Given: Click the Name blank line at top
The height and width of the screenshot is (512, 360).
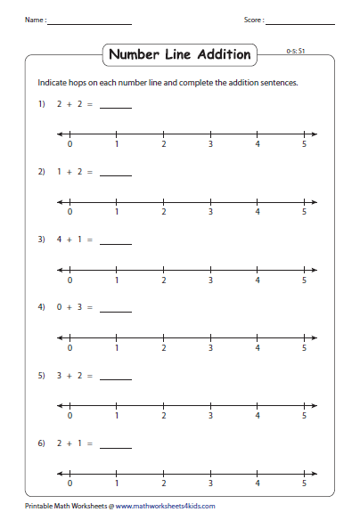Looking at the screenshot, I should (90, 22).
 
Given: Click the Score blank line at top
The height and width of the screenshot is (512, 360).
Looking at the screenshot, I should (300, 22).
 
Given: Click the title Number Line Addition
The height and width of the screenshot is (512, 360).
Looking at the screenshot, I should (179, 55).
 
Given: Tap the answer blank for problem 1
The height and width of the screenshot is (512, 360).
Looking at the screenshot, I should (116, 106).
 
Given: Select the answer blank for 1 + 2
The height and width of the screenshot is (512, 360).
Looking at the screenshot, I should (116, 173).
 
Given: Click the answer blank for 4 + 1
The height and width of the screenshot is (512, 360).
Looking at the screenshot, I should (116, 241).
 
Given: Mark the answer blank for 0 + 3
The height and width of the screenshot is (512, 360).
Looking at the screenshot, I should (116, 310).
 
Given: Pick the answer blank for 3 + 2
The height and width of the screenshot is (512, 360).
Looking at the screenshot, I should (116, 378).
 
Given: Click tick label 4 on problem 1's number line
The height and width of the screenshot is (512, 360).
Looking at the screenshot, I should (258, 144).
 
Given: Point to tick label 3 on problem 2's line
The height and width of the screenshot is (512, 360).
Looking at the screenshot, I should (210, 212).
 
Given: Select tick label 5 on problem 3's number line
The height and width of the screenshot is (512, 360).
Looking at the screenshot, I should (304, 280).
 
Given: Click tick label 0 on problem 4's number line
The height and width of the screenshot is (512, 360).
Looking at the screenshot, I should (70, 348).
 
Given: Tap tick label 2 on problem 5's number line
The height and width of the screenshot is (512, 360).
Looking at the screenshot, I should (164, 417).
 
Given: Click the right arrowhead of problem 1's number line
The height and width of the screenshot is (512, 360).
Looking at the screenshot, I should (314, 134).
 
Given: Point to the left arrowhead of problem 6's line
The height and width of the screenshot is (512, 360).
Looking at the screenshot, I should (60, 473).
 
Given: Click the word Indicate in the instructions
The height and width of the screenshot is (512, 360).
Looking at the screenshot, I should (53, 82).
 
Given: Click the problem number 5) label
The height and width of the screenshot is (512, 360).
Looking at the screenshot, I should (41, 377).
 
